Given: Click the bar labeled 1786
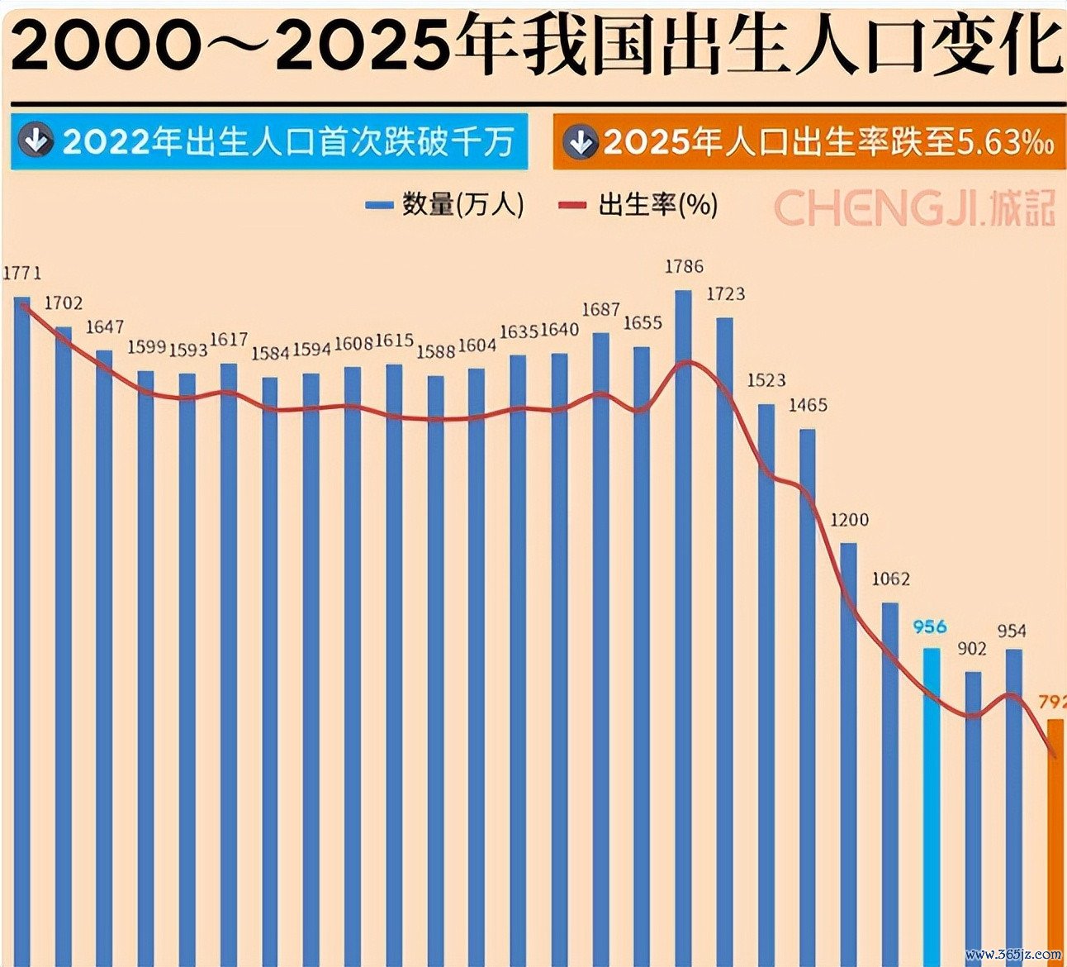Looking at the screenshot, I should [683, 620].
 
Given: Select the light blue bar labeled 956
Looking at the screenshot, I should [931, 793].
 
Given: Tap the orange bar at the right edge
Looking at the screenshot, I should [1055, 835].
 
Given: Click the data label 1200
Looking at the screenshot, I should [849, 520].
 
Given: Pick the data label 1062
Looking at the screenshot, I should [890, 579].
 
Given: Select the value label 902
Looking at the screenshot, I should [972, 649].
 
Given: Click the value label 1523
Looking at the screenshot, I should [766, 381].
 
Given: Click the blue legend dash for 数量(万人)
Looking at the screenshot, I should [379, 205].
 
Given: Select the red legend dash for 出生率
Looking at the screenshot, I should [572, 205].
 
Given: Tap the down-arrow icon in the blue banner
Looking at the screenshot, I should [36, 142].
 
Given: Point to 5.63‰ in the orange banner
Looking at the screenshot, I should [1004, 143].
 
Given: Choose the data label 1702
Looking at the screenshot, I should [64, 303].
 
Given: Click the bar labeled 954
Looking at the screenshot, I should [1013, 802].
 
